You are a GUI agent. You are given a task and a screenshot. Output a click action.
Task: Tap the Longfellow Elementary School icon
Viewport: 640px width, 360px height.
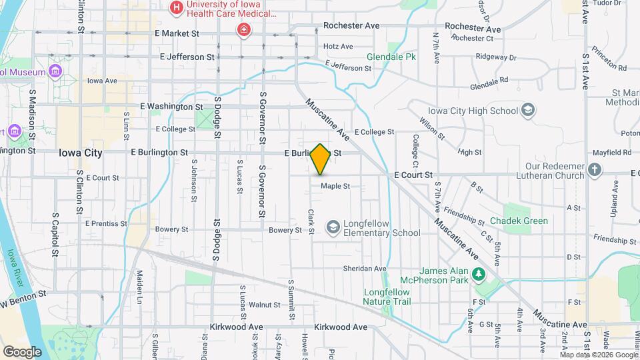click(x=331, y=228)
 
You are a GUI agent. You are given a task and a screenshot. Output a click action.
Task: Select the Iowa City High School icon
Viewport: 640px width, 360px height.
click(x=528, y=110)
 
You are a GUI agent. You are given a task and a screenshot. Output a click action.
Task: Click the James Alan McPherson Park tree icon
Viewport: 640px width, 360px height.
click(x=477, y=273)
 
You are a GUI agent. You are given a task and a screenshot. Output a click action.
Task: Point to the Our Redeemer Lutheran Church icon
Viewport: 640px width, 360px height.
click(x=595, y=170)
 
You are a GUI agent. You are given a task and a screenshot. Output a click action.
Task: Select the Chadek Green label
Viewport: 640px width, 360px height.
click(x=519, y=221)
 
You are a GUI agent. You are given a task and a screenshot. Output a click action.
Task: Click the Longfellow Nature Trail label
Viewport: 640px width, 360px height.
click(x=390, y=297)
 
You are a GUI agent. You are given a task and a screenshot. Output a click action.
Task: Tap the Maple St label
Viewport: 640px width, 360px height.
click(x=335, y=186)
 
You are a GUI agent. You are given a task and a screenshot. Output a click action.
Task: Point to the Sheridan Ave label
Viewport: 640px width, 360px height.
click(x=365, y=269)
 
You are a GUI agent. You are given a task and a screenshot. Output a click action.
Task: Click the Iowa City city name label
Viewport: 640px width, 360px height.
click(x=80, y=153)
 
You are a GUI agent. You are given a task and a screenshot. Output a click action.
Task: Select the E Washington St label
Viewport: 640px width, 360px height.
click(x=171, y=107)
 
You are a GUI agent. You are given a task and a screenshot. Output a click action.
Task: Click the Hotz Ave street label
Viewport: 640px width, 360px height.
click(x=338, y=47)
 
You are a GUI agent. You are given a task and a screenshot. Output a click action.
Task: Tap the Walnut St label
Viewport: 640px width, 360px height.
click(x=264, y=305)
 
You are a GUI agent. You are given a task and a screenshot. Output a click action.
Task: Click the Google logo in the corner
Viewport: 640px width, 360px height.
click(x=21, y=351)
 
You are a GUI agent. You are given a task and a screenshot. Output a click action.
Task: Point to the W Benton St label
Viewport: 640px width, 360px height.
click(x=23, y=297)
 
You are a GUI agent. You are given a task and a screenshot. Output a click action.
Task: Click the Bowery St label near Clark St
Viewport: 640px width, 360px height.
click(x=285, y=230)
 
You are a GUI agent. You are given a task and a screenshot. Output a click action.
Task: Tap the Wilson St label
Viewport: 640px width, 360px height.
click(x=432, y=128)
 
